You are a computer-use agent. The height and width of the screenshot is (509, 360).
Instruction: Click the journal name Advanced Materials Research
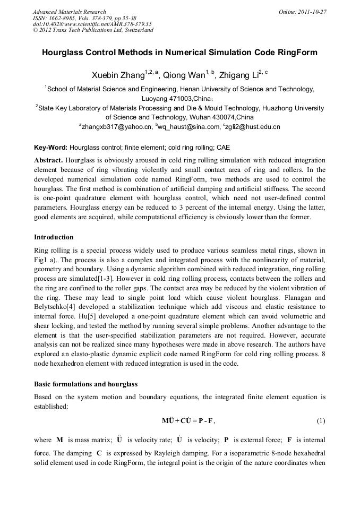coord(69,12)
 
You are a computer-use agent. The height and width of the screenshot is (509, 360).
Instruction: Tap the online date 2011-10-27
coord(310,12)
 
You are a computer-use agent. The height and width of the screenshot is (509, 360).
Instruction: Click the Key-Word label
coord(50,147)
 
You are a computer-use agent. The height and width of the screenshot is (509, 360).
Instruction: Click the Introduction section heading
coord(54,237)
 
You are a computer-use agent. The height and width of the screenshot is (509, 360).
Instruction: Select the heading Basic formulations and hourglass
coord(85,384)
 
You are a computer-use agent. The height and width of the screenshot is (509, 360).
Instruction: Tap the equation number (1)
coord(320,421)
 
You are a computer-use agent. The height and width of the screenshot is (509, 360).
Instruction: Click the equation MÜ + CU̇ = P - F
coord(188,421)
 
